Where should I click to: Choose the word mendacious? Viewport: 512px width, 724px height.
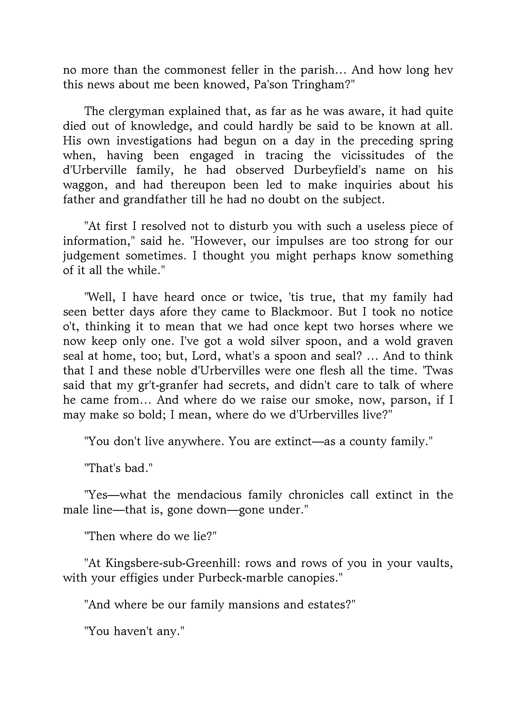pyautogui.click(x=209, y=495)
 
